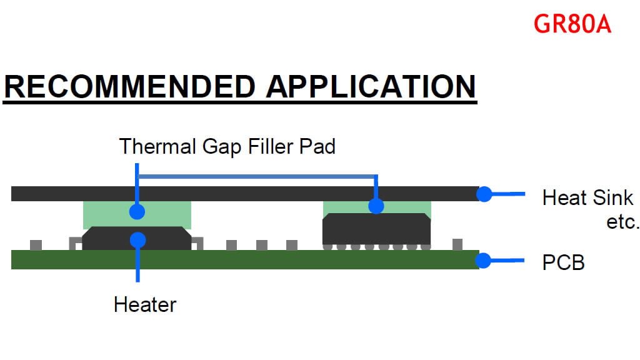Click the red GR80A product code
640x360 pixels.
click(572, 24)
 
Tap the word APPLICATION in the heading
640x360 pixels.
click(371, 86)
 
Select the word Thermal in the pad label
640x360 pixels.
click(157, 146)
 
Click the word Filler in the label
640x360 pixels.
click(271, 146)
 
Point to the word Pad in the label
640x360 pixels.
click(317, 146)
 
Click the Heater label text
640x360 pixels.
click(145, 304)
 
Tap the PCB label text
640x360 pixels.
click(563, 262)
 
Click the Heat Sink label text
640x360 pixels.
click(587, 197)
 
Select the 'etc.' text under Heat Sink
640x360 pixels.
click(622, 222)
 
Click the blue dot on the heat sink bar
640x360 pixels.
click(484, 194)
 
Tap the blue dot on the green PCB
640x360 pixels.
click(483, 261)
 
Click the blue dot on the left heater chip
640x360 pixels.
click(138, 240)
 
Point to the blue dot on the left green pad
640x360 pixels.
click(137, 212)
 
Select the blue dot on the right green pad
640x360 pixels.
click(376, 206)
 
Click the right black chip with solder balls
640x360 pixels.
click(376, 231)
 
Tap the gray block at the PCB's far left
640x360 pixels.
click(36, 245)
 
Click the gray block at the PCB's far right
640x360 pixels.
click(457, 244)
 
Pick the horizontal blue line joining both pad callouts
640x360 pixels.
click(257, 177)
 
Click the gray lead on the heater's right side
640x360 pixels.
click(198, 243)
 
